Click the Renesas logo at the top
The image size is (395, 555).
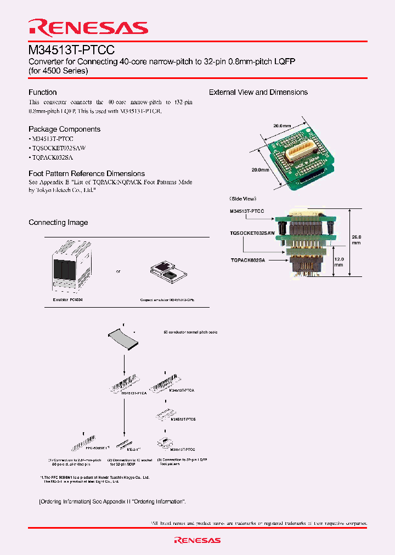pos(88,27)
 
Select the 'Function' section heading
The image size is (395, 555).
pos(43,92)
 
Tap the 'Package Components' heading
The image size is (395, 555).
pos(64,129)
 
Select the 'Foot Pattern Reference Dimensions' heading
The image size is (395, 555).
pos(87,173)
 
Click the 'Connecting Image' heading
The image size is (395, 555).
pos(58,222)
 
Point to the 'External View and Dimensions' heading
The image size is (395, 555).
pos(258,92)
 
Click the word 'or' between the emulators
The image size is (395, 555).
pos(118,271)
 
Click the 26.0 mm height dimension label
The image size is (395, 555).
pos(356,239)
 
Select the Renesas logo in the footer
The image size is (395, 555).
pos(198,540)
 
